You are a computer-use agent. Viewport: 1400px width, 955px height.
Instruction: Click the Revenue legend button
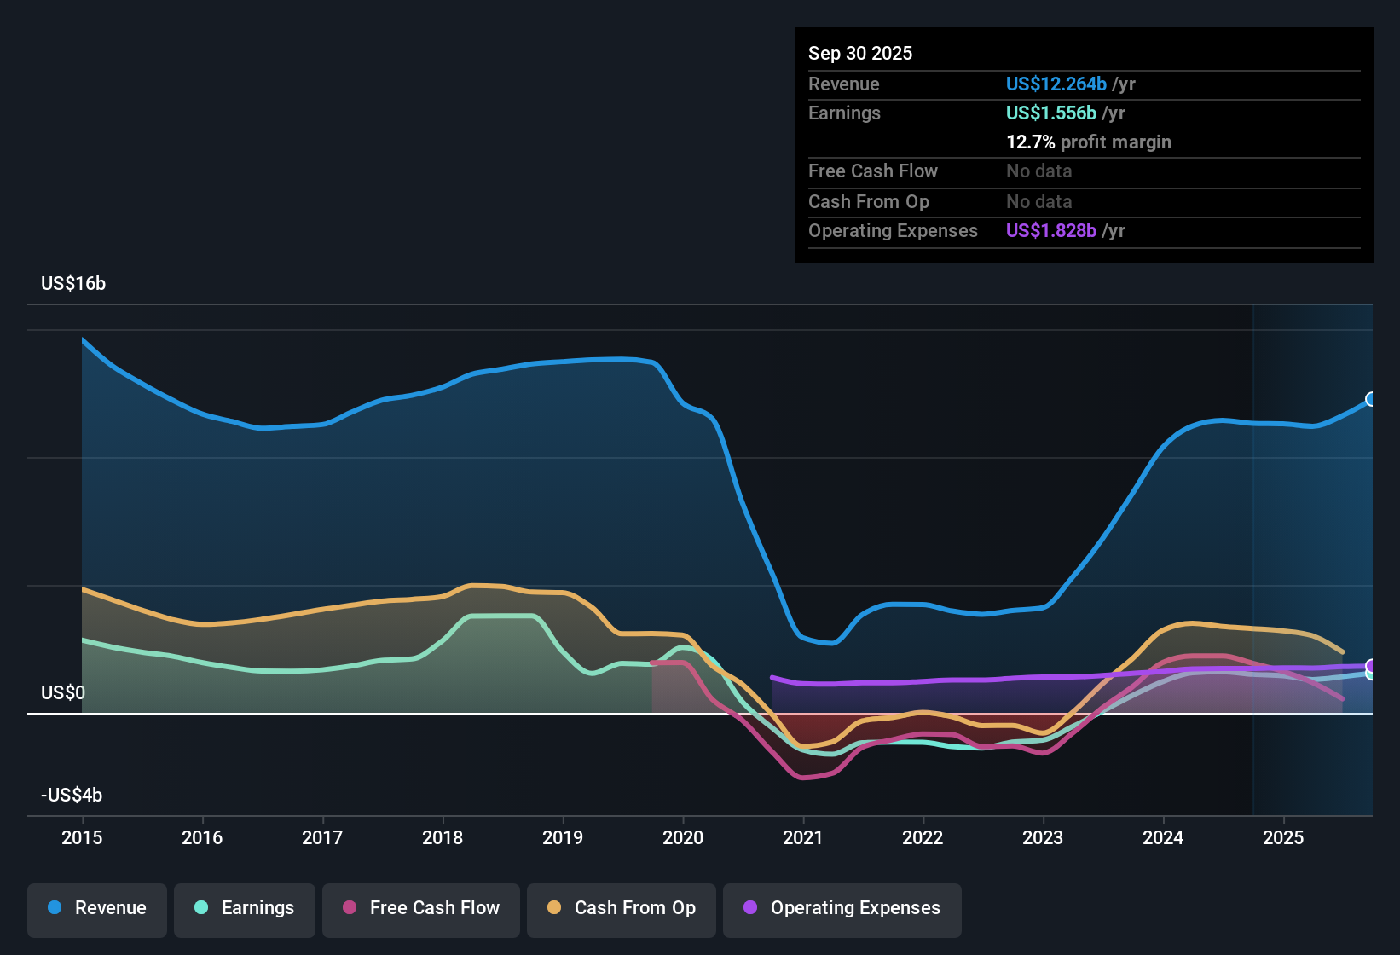[x=97, y=908]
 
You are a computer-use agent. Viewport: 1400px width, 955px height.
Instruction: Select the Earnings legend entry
[x=245, y=908]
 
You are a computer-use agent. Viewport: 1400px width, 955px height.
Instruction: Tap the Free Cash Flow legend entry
[x=421, y=908]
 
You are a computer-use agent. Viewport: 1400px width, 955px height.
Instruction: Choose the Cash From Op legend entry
[x=622, y=908]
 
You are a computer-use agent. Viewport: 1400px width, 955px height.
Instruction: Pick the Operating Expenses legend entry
[x=842, y=908]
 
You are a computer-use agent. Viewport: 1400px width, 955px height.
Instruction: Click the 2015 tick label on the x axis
[x=82, y=837]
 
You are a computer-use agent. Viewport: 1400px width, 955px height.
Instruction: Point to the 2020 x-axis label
[x=683, y=837]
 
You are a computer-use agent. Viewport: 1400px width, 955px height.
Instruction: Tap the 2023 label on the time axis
[x=1043, y=837]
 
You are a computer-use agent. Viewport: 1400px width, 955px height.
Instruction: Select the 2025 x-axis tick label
[x=1283, y=837]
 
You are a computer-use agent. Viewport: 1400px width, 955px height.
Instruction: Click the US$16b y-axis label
[x=73, y=284]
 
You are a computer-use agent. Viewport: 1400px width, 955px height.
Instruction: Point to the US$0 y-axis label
[x=63, y=692]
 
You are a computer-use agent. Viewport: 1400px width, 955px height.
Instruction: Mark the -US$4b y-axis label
[x=72, y=795]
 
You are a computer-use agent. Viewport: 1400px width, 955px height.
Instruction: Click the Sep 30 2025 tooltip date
[x=860, y=53]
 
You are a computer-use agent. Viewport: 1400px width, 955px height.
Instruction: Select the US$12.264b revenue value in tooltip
[x=1056, y=84]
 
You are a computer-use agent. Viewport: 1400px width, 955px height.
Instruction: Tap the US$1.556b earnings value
[x=1051, y=113]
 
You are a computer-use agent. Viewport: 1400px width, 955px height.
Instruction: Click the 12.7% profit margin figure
[x=1031, y=142]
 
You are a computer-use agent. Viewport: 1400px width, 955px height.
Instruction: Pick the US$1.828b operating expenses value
[x=1051, y=230]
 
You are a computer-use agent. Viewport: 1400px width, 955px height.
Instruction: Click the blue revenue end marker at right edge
[x=1371, y=399]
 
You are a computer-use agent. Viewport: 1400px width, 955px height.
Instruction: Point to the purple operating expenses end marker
[x=1371, y=666]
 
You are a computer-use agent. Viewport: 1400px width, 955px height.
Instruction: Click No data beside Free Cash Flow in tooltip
[x=1039, y=171]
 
